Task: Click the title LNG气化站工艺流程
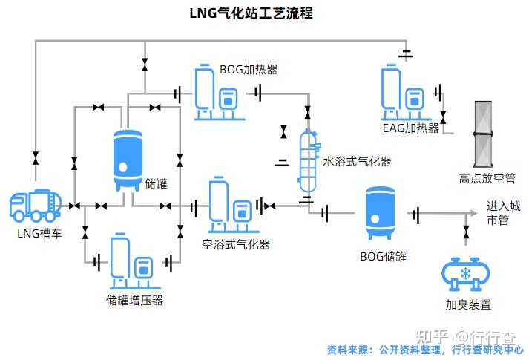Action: (x=251, y=13)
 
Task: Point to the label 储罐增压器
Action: (x=134, y=300)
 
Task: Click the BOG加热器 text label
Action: (x=249, y=70)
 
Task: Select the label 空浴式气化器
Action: (x=236, y=244)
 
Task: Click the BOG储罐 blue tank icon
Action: (x=379, y=212)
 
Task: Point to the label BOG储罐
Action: (x=383, y=257)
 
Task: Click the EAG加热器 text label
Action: (x=411, y=128)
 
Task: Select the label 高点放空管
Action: (x=487, y=178)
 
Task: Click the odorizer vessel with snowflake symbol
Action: (x=465, y=274)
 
